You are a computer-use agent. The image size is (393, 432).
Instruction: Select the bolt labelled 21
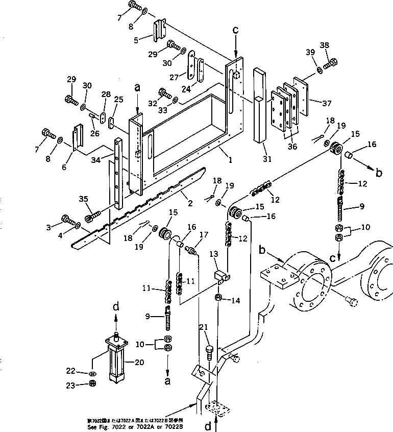[209, 351]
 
